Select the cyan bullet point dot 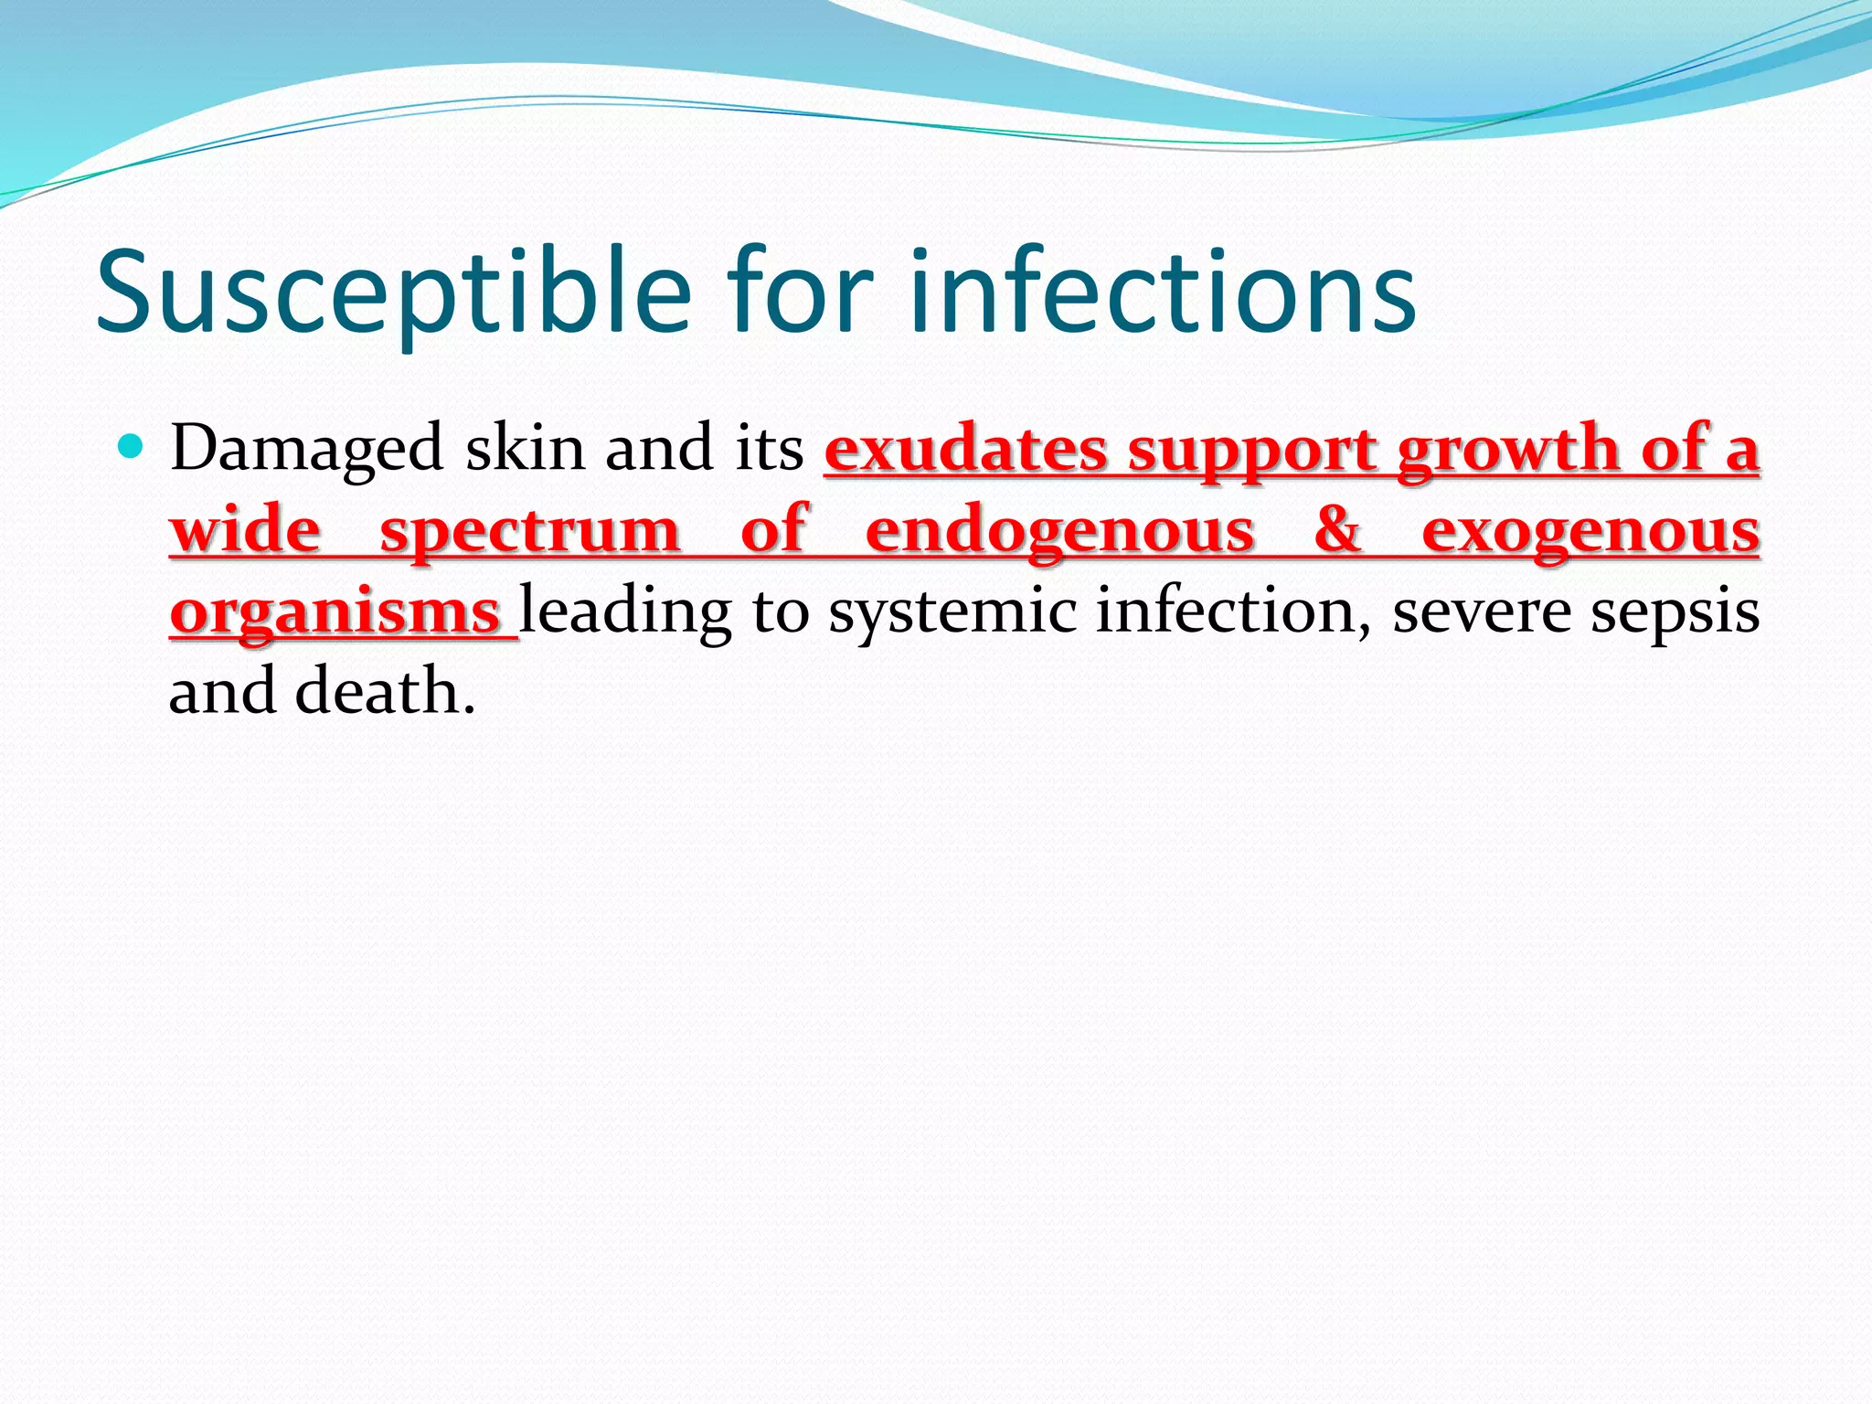[x=133, y=447]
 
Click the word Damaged [x=306, y=450]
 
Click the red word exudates [x=966, y=450]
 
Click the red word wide [x=246, y=530]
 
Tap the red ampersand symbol [x=1337, y=530]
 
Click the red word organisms [x=335, y=612]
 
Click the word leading [x=625, y=612]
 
